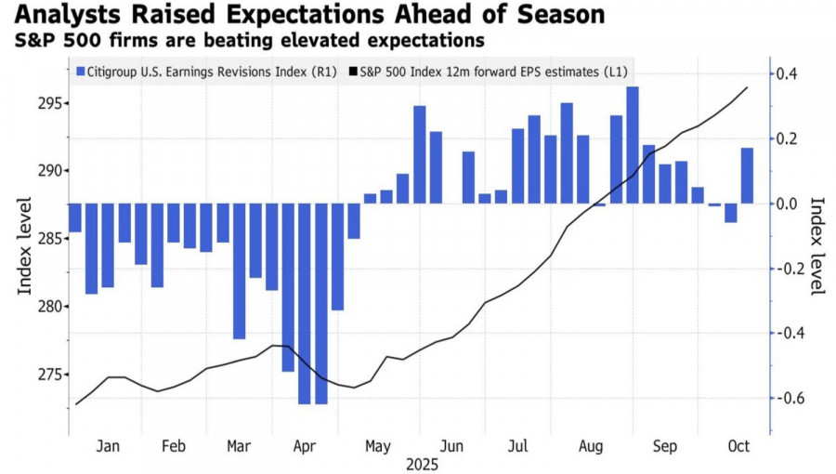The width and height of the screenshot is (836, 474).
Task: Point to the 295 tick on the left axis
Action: coord(46,103)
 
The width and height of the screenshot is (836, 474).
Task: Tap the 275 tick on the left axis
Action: coord(46,375)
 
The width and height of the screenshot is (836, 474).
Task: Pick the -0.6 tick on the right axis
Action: coord(789,399)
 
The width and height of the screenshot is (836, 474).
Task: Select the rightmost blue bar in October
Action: coord(747,176)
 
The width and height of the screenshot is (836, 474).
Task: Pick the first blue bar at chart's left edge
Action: coord(75,217)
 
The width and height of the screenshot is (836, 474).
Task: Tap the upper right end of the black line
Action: coord(748,87)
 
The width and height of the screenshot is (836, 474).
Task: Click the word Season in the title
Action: coord(560,16)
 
